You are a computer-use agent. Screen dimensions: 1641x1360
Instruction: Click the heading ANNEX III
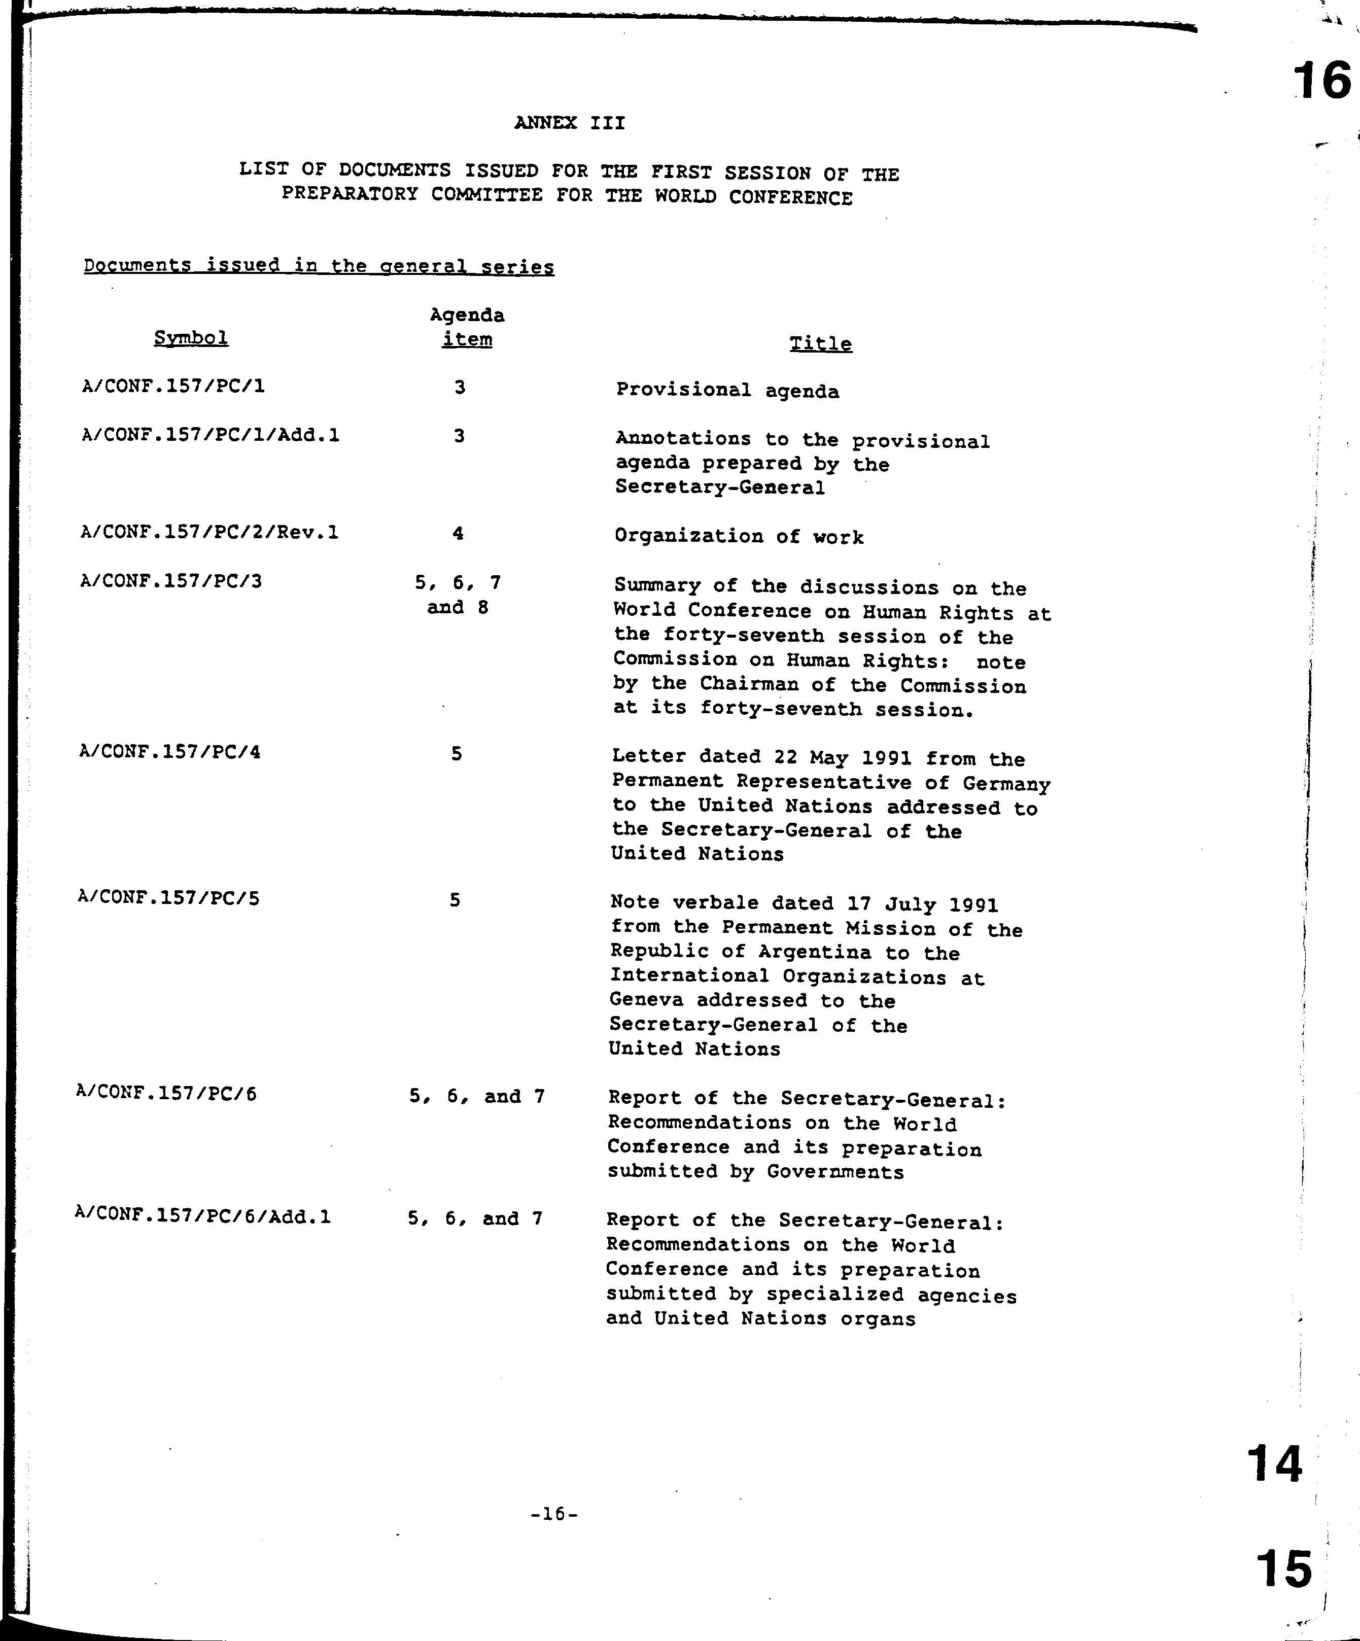pos(570,123)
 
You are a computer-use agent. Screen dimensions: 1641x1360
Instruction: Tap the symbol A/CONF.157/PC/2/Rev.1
pos(210,533)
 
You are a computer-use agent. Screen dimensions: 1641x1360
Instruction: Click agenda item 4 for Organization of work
pos(458,534)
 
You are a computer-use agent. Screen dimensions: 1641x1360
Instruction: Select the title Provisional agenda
pos(727,390)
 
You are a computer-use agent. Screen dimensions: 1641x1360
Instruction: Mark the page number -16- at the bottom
pos(553,1514)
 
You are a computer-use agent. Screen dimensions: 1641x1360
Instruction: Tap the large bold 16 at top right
pos(1321,81)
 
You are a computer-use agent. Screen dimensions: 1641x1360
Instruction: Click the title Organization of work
pos(739,537)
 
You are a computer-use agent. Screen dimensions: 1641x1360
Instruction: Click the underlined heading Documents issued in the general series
pos(319,266)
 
